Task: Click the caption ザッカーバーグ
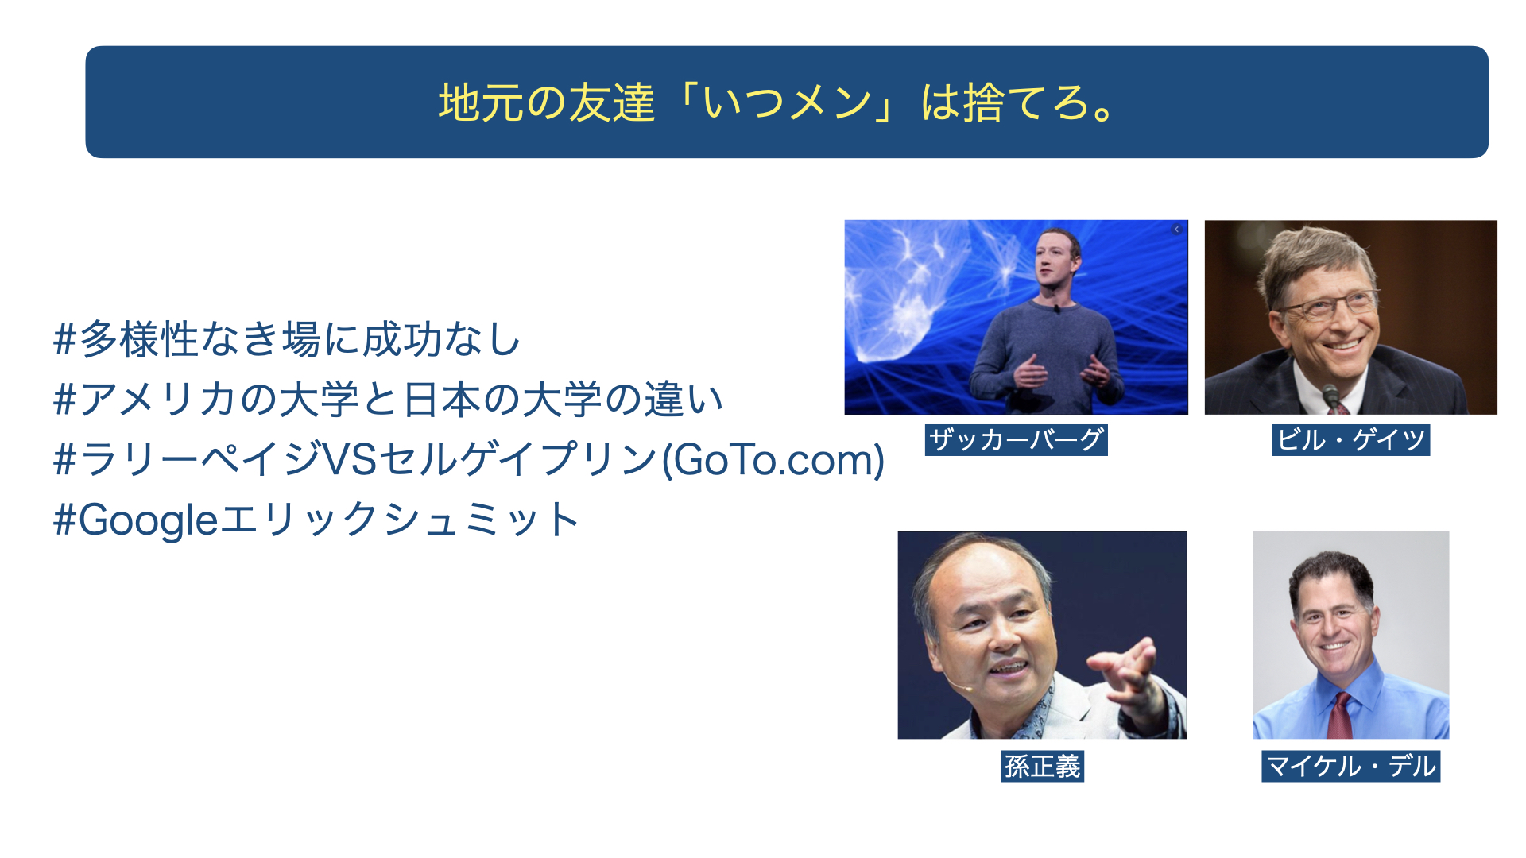click(x=1016, y=439)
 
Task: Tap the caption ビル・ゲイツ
click(x=1350, y=439)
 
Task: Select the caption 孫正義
click(x=1042, y=766)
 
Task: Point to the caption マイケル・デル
click(x=1350, y=766)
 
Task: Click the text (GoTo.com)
click(x=773, y=459)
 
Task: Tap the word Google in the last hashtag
click(x=148, y=521)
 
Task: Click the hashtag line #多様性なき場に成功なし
click(x=287, y=339)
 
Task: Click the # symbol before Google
click(x=64, y=521)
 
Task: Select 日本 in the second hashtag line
click(x=443, y=399)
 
